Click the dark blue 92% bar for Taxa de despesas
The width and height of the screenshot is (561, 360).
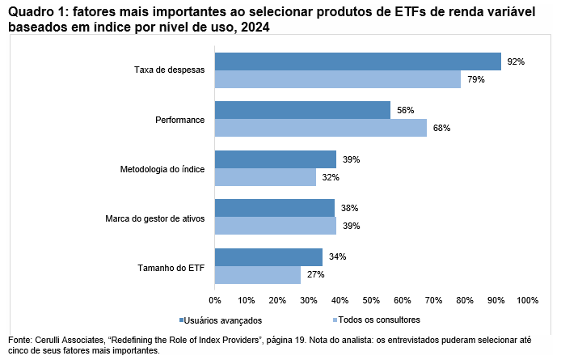[x=357, y=61]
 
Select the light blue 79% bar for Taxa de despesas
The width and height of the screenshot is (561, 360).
[x=337, y=79]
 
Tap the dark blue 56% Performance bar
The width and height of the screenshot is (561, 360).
[x=302, y=110]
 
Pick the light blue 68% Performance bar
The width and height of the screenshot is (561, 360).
[x=320, y=128]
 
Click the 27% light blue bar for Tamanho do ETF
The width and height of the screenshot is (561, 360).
[x=257, y=275]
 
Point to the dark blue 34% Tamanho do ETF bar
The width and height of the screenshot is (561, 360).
[x=268, y=257]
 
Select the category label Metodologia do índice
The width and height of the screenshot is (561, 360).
[x=162, y=169]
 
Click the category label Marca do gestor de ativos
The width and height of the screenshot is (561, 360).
[x=155, y=218]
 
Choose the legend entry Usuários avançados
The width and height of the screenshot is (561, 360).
[x=221, y=320]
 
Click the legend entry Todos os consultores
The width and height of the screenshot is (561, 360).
[x=377, y=320]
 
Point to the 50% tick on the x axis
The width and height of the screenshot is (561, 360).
[x=371, y=300]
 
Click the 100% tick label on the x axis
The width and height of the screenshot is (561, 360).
[x=527, y=300]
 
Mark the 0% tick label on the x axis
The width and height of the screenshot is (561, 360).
[x=215, y=300]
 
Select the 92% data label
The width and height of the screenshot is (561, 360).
[x=516, y=61]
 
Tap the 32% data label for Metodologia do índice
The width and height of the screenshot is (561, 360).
[x=330, y=177]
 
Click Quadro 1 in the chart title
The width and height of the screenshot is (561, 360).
[x=36, y=11]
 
